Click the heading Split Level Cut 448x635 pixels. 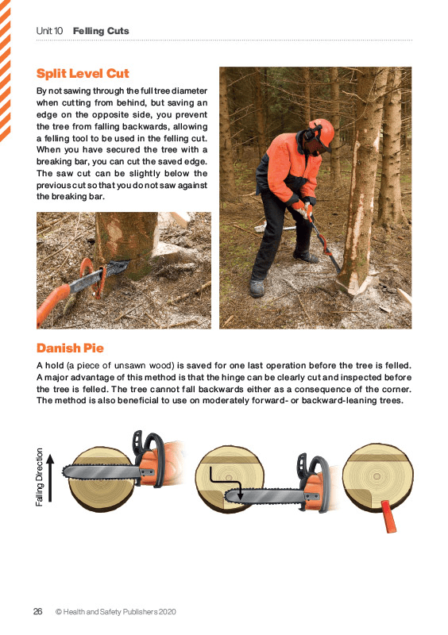pyautogui.click(x=83, y=74)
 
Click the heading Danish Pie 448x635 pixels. pyautogui.click(x=70, y=348)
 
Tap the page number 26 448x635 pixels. pyautogui.click(x=37, y=612)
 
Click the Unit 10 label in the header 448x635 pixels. pyautogui.click(x=49, y=31)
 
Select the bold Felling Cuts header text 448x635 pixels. pyautogui.click(x=101, y=31)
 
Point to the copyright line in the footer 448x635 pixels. pyautogui.click(x=115, y=612)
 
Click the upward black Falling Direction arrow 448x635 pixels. pyautogui.click(x=51, y=478)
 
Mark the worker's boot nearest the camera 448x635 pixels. pyautogui.click(x=257, y=287)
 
